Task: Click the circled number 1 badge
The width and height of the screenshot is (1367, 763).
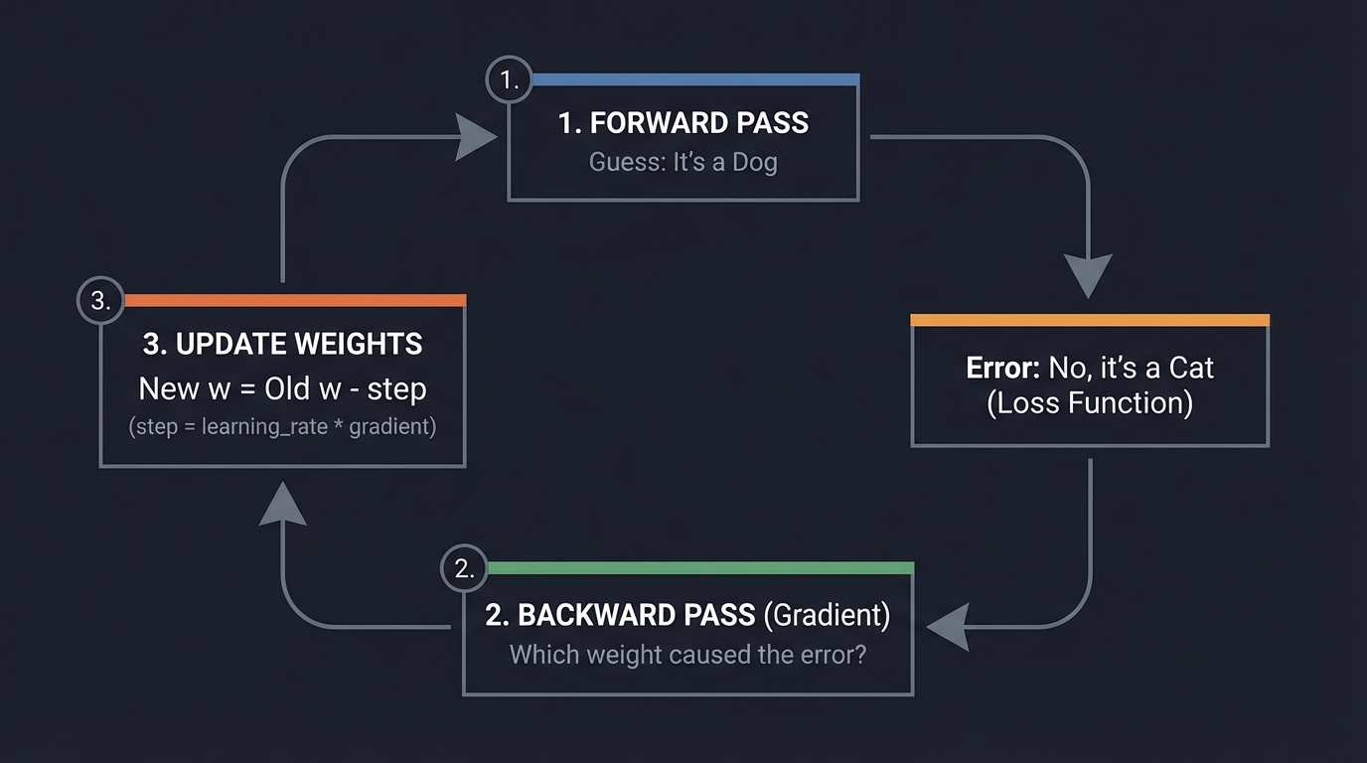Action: (510, 80)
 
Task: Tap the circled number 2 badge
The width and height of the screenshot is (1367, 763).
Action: (464, 569)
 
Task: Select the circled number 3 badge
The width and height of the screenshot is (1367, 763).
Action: (100, 301)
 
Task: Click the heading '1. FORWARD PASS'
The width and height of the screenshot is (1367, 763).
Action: (683, 123)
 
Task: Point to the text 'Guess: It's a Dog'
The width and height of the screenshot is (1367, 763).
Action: (683, 162)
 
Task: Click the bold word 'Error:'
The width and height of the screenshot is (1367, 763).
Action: (1002, 368)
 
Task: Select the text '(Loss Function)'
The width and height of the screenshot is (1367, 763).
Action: (1090, 403)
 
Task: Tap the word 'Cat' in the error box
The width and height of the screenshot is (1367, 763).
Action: (1191, 368)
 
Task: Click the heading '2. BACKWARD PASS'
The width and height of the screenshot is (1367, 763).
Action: (620, 615)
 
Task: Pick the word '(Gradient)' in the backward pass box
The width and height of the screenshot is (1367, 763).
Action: (827, 615)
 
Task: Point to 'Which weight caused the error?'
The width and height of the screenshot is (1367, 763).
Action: (687, 655)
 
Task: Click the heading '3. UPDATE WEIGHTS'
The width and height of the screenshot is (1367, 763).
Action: (283, 344)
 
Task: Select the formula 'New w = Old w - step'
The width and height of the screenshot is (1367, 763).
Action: (283, 388)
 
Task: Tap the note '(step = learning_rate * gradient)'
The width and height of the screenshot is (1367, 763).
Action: (283, 428)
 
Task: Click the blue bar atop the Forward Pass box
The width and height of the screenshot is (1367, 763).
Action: (695, 79)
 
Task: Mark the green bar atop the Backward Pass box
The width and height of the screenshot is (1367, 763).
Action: (700, 568)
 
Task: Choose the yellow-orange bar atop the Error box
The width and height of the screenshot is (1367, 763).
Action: (1090, 320)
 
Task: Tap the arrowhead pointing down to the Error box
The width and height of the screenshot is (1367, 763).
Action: (1088, 275)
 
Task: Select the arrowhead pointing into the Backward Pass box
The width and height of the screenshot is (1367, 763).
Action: (948, 627)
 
